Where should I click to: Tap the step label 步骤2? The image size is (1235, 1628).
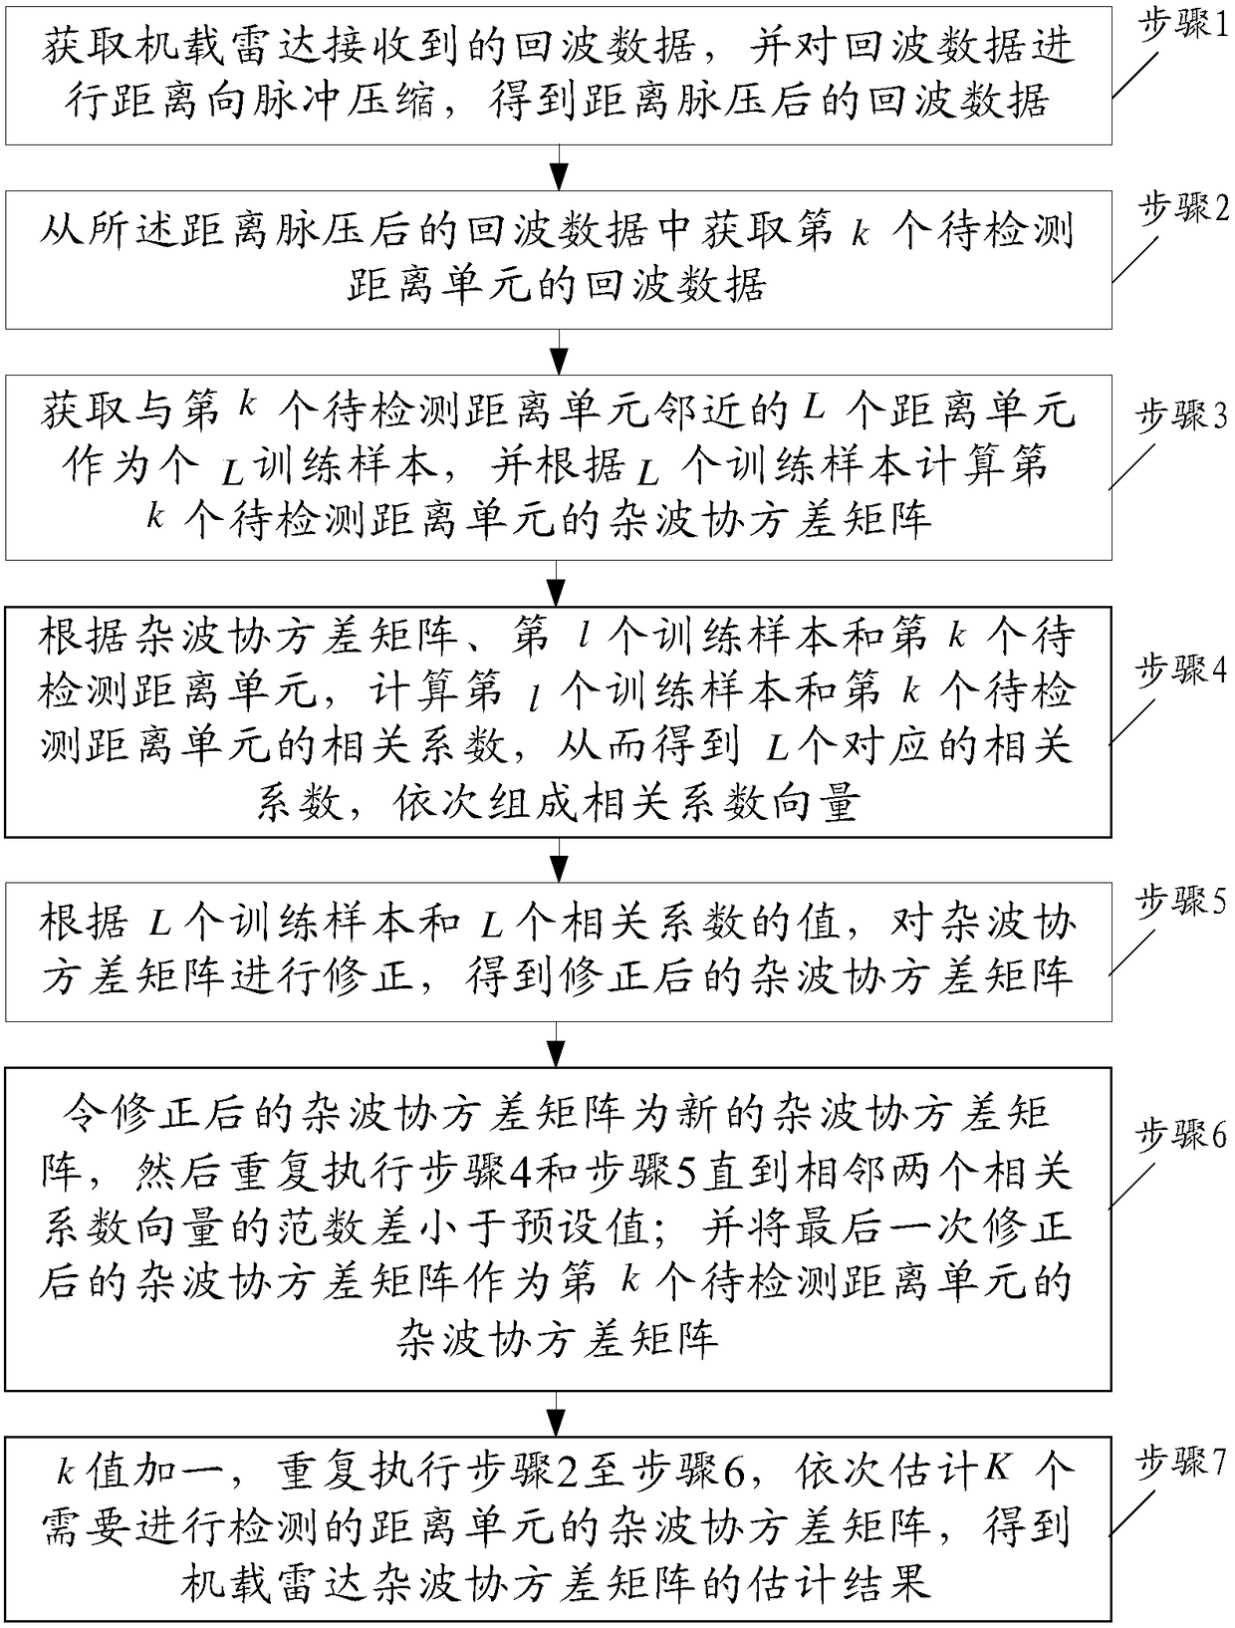tap(1180, 210)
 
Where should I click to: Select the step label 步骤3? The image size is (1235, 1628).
tap(1180, 414)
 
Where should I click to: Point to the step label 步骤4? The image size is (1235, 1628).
tap(1180, 671)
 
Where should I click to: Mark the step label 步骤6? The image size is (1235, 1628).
tap(1180, 1133)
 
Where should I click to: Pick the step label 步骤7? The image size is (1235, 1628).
tap(1180, 1462)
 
